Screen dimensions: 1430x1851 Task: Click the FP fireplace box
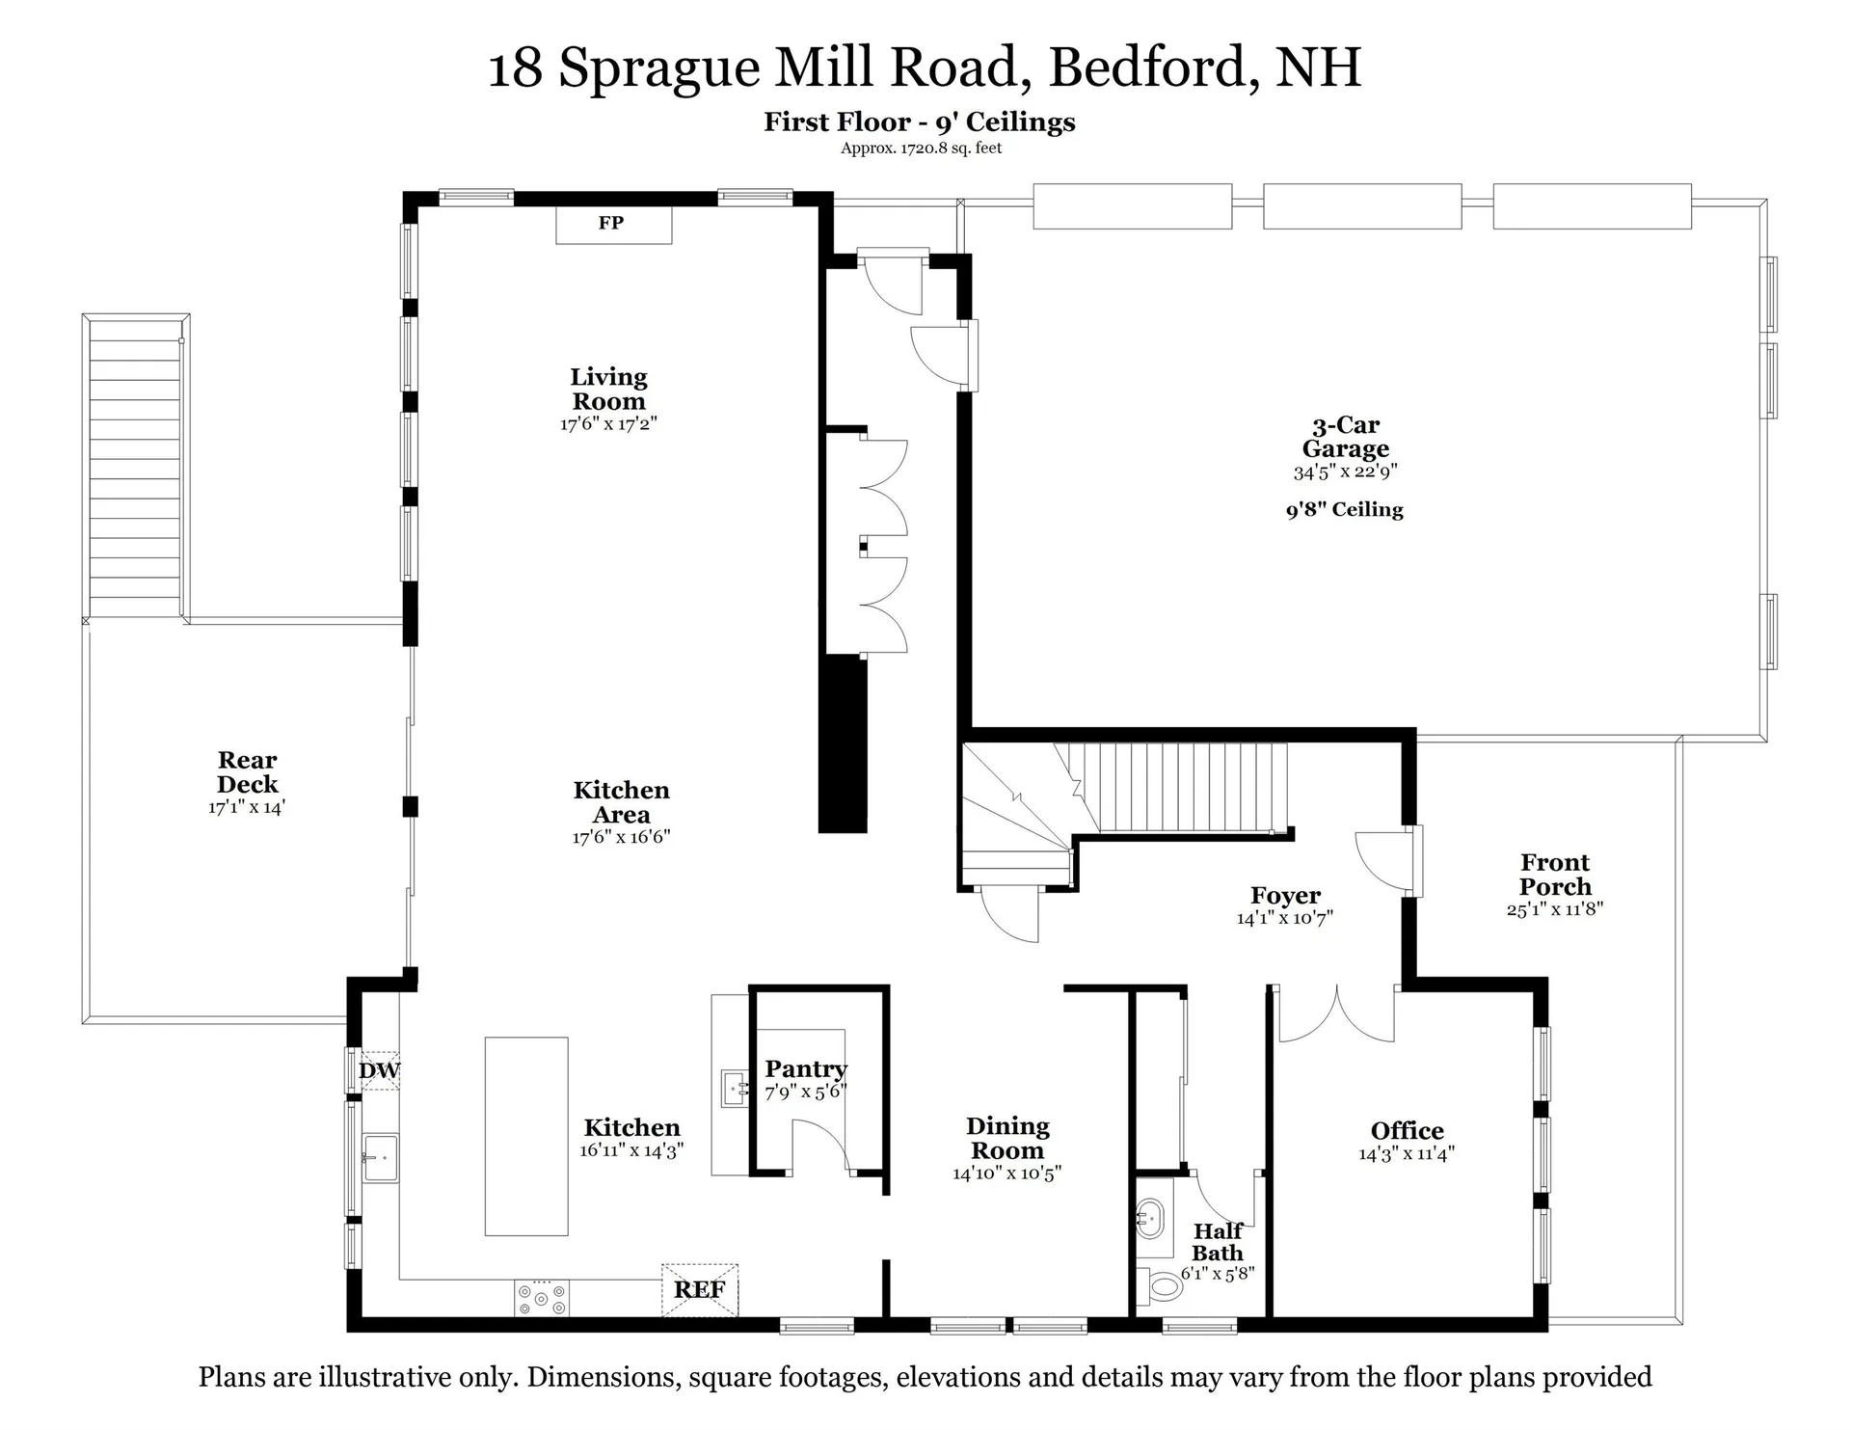(x=613, y=225)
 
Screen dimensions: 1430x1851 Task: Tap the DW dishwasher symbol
(x=378, y=1069)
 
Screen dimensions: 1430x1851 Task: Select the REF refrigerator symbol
(x=700, y=1289)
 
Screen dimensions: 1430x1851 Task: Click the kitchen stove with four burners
(x=542, y=1298)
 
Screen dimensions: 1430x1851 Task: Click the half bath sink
(x=1150, y=1220)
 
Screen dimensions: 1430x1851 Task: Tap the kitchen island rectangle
(x=526, y=1136)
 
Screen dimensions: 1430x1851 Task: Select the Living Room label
(x=608, y=389)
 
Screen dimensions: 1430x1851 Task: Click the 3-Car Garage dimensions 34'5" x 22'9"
(x=1345, y=472)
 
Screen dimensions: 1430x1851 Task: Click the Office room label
(x=1407, y=1130)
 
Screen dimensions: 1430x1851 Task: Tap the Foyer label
(x=1285, y=896)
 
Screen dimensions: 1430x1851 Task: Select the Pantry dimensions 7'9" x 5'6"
(x=805, y=1093)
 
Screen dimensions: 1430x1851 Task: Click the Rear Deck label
(x=247, y=771)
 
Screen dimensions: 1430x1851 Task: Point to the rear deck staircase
(x=135, y=468)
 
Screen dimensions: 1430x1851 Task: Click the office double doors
(x=1336, y=1014)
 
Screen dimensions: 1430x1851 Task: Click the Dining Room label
(x=1007, y=1138)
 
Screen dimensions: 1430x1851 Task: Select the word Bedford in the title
(x=1152, y=67)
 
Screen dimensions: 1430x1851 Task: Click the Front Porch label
(x=1554, y=874)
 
